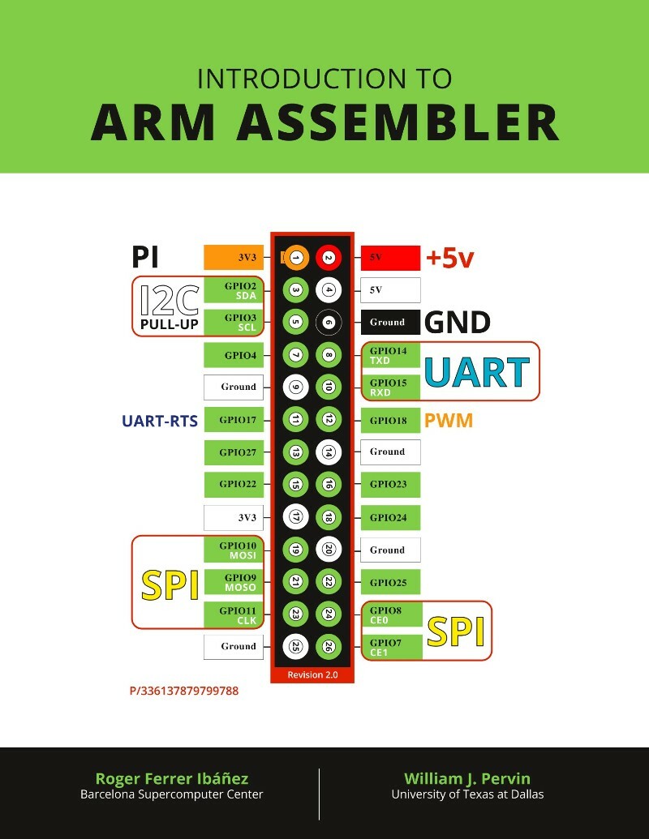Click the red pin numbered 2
[x=329, y=258]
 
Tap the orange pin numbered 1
[x=296, y=258]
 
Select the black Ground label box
[x=390, y=322]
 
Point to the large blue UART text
[x=477, y=372]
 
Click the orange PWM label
[x=449, y=421]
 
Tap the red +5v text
[x=449, y=259]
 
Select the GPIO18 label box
[x=390, y=420]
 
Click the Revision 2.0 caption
[x=312, y=674]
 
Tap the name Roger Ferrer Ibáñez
[x=172, y=778]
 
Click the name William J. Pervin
[x=467, y=778]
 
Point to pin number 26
[x=329, y=647]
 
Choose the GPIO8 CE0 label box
[x=391, y=614]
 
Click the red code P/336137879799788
[x=184, y=691]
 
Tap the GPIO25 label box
[x=390, y=582]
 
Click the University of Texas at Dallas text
[x=467, y=794]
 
